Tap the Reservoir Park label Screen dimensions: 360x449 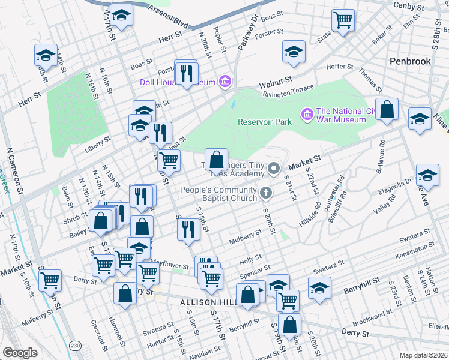point(265,122)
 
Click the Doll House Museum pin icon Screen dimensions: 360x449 point(225,81)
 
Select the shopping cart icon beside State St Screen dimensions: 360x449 point(343,20)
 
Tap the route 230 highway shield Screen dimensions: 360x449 point(75,346)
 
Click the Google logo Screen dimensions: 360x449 point(20,352)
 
